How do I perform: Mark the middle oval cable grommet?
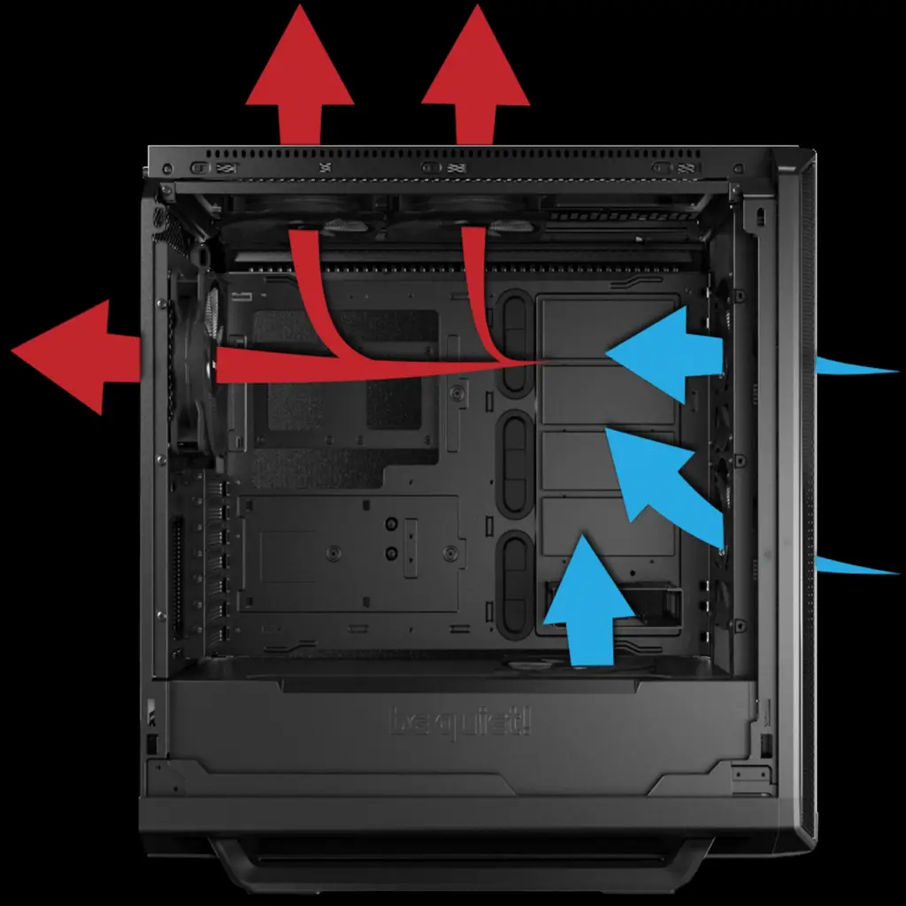point(516,463)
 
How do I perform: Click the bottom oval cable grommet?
point(516,584)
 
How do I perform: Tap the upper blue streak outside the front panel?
point(854,366)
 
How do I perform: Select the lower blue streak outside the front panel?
point(854,564)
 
